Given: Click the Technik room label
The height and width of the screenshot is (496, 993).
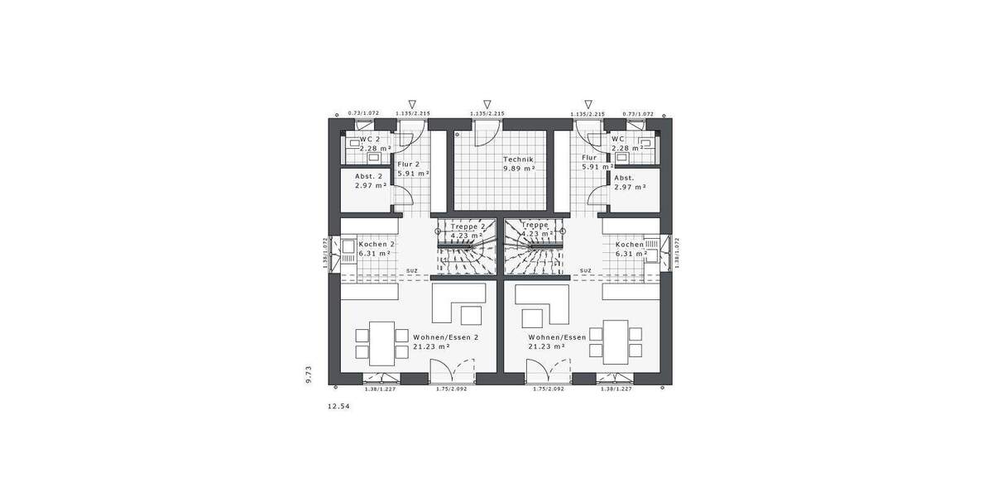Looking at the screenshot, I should pyautogui.click(x=519, y=159).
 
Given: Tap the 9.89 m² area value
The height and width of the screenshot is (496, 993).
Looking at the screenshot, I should pyautogui.click(x=519, y=168).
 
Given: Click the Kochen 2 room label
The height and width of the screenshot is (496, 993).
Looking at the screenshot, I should pyautogui.click(x=377, y=245).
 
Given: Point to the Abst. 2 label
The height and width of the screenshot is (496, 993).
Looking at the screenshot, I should pyautogui.click(x=369, y=176).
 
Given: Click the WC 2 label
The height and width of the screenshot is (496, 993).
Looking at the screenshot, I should pyautogui.click(x=370, y=139).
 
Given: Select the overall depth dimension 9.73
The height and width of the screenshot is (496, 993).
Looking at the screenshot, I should pyautogui.click(x=308, y=374).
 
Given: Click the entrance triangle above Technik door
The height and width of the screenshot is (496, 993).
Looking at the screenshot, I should pyautogui.click(x=487, y=103).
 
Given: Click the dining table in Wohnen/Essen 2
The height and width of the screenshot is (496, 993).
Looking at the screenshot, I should pyautogui.click(x=381, y=343).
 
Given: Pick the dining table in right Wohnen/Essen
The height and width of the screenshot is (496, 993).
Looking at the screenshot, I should pyautogui.click(x=616, y=343).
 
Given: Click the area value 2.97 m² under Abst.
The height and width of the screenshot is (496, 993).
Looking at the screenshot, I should pyautogui.click(x=630, y=186).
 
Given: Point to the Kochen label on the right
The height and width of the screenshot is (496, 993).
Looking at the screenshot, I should pyautogui.click(x=629, y=245).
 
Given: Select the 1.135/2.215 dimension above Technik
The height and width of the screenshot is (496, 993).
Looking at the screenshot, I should pyautogui.click(x=487, y=114).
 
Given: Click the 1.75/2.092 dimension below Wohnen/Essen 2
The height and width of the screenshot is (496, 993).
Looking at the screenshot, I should pyautogui.click(x=452, y=389).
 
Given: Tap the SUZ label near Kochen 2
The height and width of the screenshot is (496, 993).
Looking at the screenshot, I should pyautogui.click(x=411, y=270).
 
